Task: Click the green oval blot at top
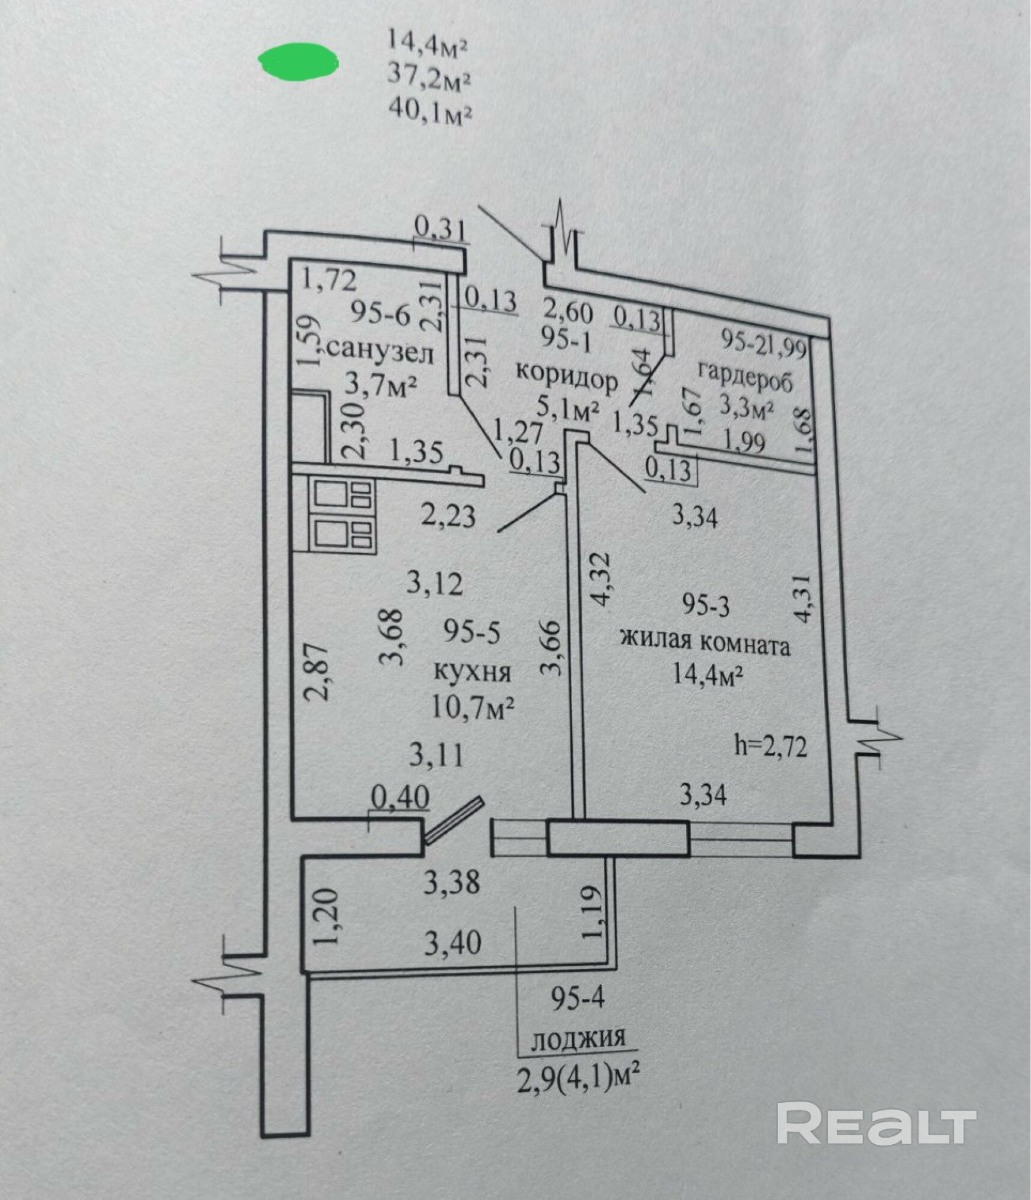(x=298, y=60)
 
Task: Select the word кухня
(x=472, y=673)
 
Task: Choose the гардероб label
(x=745, y=378)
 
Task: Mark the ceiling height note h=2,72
(x=770, y=747)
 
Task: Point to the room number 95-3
(x=706, y=605)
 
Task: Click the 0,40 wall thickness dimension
(x=400, y=797)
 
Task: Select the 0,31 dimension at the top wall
(x=441, y=229)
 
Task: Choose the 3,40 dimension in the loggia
(x=453, y=943)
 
